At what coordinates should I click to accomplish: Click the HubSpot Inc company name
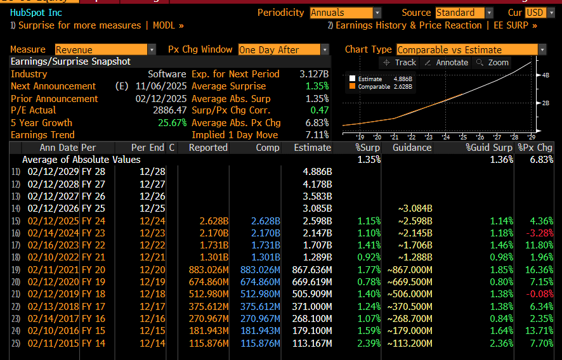36,13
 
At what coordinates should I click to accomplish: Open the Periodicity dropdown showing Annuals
345,13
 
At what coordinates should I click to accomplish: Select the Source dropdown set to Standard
464,13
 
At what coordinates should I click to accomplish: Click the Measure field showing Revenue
105,49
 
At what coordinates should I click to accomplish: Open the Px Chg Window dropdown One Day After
284,49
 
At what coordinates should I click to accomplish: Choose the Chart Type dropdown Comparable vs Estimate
471,49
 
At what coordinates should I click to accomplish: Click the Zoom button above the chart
492,62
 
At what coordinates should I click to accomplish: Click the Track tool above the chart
400,62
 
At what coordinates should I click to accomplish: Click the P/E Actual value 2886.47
167,110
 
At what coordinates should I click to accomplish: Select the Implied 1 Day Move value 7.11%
317,135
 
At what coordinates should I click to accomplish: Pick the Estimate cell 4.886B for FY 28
317,172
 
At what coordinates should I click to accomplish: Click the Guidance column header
412,148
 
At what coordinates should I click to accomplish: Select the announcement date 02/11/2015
53,343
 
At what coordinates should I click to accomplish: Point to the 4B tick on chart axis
545,75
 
